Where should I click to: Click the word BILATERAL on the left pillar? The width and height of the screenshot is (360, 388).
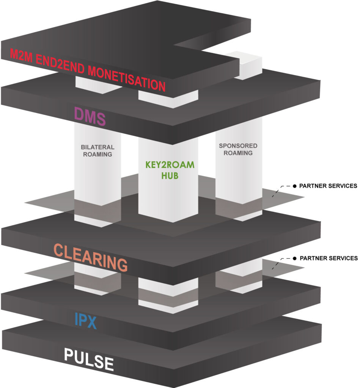(97, 147)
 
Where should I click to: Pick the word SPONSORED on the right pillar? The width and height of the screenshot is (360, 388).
(238, 145)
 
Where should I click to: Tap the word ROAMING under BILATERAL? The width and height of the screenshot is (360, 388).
(97, 154)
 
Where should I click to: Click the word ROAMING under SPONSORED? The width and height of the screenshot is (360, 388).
(238, 153)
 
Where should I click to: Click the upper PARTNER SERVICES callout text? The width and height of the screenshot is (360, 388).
(328, 186)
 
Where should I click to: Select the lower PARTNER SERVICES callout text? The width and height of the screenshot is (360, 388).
(328, 258)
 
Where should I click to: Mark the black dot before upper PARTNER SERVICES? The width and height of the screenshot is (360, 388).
(294, 186)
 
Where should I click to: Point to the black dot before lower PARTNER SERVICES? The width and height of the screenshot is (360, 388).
(294, 258)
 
